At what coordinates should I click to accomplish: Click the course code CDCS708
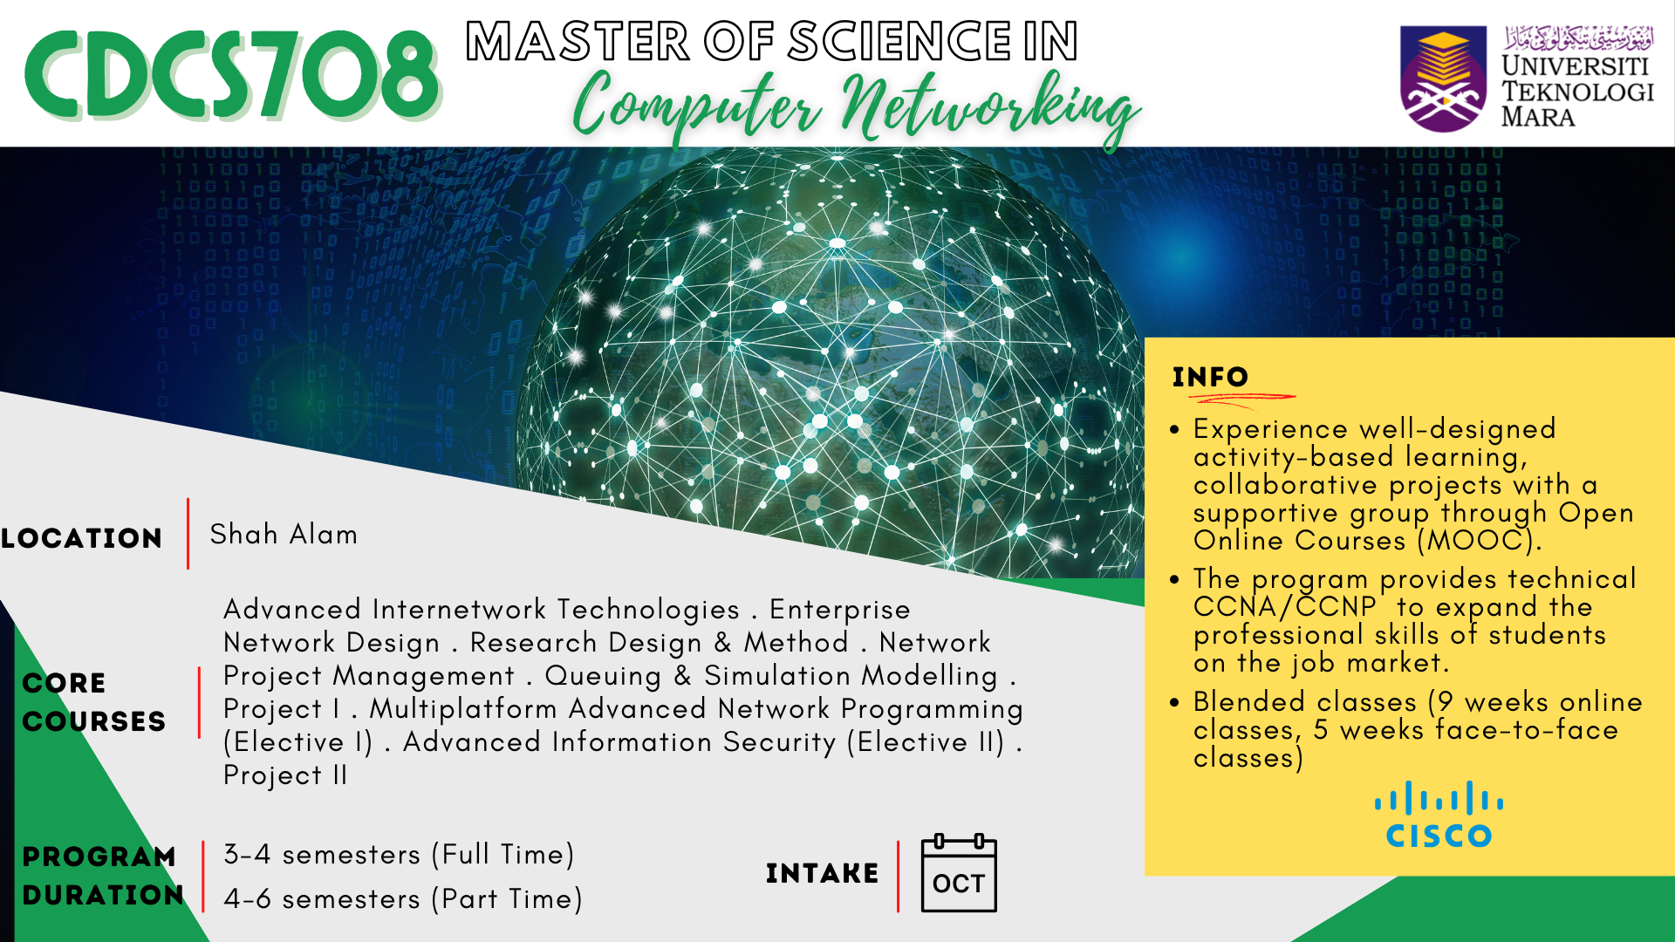click(x=232, y=75)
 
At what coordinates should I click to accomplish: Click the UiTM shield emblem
click(x=1443, y=78)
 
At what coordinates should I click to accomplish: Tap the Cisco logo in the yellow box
click(x=1439, y=815)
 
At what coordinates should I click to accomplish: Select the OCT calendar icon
click(x=959, y=873)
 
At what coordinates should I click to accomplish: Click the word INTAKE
click(x=822, y=873)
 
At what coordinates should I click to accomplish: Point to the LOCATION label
click(x=82, y=538)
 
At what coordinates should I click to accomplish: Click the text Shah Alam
click(x=284, y=534)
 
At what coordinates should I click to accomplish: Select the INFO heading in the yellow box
click(x=1210, y=377)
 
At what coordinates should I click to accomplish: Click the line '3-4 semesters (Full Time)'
click(x=399, y=854)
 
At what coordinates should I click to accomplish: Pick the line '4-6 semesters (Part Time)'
click(x=403, y=898)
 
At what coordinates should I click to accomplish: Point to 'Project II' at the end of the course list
click(x=285, y=775)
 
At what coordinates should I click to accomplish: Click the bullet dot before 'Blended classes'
click(x=1175, y=701)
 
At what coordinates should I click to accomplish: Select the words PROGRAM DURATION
click(x=103, y=876)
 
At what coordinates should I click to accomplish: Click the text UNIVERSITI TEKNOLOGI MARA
click(x=1577, y=91)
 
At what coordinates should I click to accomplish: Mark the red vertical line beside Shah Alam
click(x=188, y=534)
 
